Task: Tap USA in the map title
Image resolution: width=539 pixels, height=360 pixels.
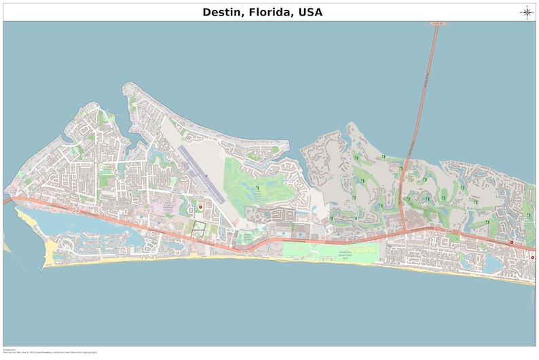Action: (x=308, y=12)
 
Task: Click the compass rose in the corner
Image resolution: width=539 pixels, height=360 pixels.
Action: (x=526, y=12)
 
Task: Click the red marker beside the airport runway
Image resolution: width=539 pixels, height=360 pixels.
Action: (x=200, y=206)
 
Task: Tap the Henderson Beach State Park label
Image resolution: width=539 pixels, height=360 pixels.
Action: (x=344, y=254)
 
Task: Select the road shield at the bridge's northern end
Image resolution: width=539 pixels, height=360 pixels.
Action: (x=438, y=24)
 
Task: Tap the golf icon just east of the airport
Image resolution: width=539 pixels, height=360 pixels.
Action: (x=257, y=188)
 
